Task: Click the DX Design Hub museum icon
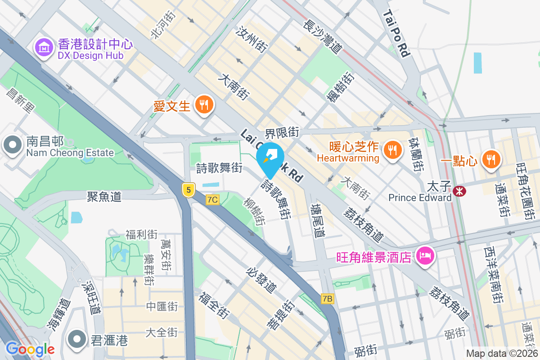pyautogui.click(x=45, y=47)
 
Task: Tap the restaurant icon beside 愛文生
pyautogui.click(x=204, y=105)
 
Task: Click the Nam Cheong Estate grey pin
pyautogui.click(x=12, y=145)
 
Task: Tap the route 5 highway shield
pyautogui.click(x=189, y=190)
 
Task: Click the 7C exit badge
pyautogui.click(x=213, y=199)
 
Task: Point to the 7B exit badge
pyautogui.click(x=328, y=298)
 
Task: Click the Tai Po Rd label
pyautogui.click(x=396, y=34)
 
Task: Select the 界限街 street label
pyautogui.click(x=282, y=132)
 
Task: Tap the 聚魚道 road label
pyautogui.click(x=104, y=196)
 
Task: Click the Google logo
pyautogui.click(x=30, y=349)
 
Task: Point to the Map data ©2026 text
pyautogui.click(x=502, y=354)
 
